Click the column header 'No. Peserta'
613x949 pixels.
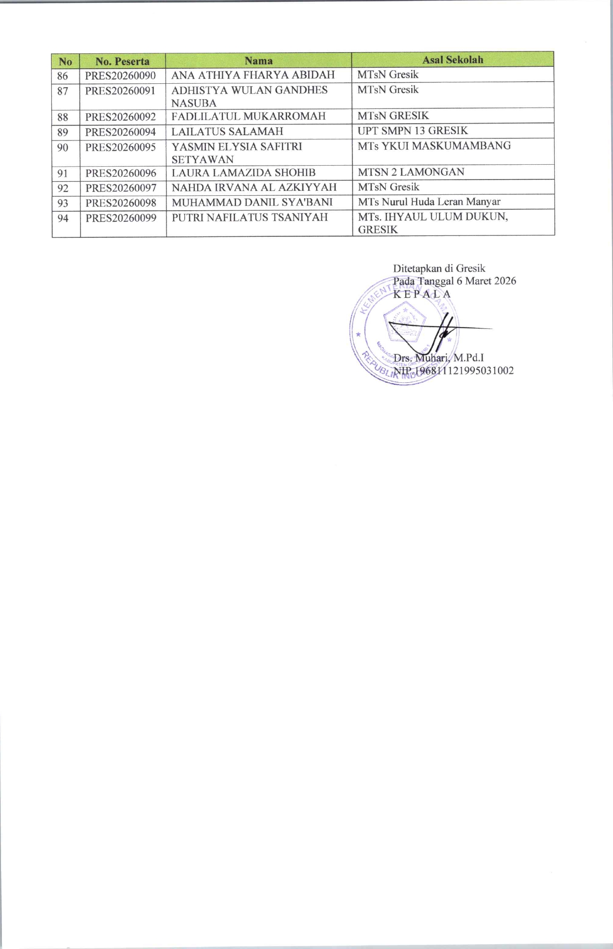coord(122,61)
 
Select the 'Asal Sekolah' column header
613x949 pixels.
coord(453,60)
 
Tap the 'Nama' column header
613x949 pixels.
coord(258,61)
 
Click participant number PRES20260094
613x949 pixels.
coord(121,131)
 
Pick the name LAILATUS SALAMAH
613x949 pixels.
coord(227,131)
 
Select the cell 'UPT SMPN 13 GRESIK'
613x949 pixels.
coord(412,131)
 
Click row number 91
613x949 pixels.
coord(63,173)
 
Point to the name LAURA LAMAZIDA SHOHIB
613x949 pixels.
coord(243,172)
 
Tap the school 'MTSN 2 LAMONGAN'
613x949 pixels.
coord(411,172)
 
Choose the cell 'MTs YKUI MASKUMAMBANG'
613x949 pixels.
coord(434,146)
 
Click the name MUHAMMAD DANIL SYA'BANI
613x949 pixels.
coord(252,202)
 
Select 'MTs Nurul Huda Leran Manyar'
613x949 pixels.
coord(429,202)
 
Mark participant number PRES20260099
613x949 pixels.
coord(121,218)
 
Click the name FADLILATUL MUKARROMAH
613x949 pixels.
coord(248,116)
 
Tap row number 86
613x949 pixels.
coord(63,76)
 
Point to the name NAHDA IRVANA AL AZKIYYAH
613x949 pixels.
coord(254,187)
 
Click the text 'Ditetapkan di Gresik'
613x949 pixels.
coord(439,268)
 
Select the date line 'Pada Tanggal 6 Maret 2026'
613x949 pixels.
coord(454,281)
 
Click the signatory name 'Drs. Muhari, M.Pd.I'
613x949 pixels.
coord(439,358)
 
